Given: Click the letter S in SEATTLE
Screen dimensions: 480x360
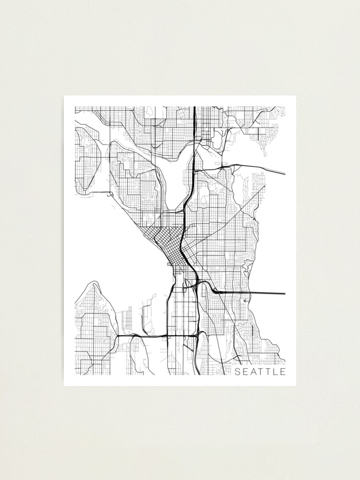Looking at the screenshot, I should click(x=237, y=372).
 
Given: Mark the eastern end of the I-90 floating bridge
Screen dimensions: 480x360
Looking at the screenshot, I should click(x=284, y=293).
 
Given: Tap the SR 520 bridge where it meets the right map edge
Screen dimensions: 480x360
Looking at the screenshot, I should click(x=284, y=173).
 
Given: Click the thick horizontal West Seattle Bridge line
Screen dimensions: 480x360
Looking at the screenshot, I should click(x=144, y=336).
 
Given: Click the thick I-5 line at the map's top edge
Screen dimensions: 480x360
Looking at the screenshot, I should click(x=194, y=108).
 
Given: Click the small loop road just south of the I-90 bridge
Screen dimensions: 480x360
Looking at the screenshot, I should click(x=245, y=300).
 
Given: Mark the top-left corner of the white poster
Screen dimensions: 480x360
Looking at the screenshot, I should click(x=64, y=96).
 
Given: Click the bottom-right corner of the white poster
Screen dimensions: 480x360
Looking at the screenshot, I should click(x=296, y=385).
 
